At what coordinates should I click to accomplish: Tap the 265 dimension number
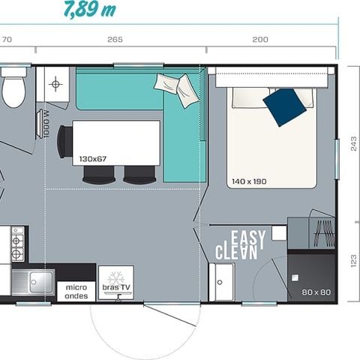click(115, 40)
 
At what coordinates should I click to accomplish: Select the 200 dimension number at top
click(260, 40)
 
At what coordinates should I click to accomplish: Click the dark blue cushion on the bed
click(285, 106)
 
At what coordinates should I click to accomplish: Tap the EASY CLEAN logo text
click(241, 245)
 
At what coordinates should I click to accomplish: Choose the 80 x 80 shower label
click(316, 292)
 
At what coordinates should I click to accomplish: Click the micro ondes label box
click(76, 291)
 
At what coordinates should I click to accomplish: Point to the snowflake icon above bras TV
click(115, 277)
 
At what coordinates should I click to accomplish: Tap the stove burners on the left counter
click(16, 243)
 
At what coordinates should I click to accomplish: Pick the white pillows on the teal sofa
click(178, 88)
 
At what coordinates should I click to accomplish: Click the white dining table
click(116, 142)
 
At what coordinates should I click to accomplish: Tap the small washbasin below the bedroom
click(220, 284)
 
